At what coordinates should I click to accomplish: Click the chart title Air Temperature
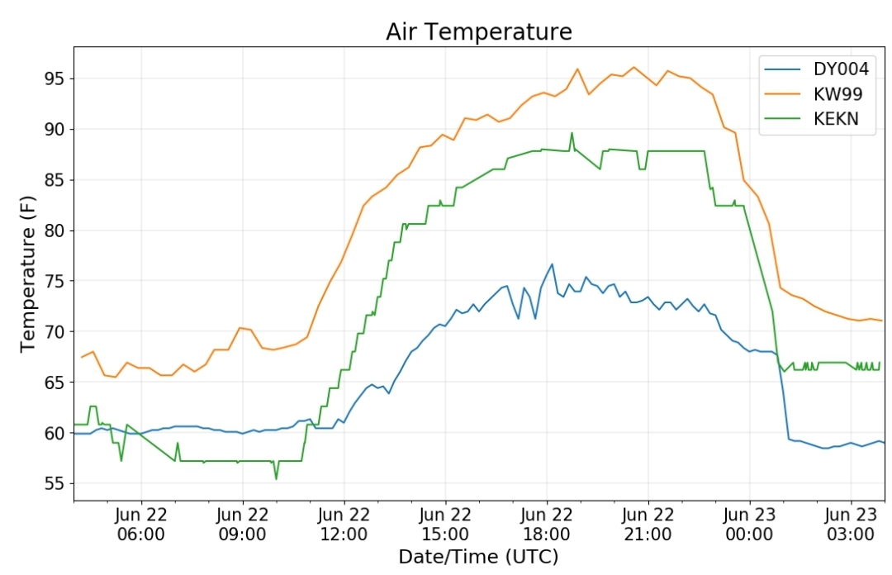click(x=479, y=31)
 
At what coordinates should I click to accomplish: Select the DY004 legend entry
click(x=816, y=69)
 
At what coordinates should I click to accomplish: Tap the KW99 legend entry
click(x=813, y=94)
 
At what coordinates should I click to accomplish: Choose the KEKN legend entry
click(x=811, y=118)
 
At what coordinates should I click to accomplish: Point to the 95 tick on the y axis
click(x=55, y=78)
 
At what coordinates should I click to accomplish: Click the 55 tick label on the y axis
click(x=55, y=483)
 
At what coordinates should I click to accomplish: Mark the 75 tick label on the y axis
click(x=55, y=281)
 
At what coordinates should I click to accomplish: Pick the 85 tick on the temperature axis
click(x=55, y=180)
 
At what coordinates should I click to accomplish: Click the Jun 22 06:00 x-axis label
click(x=141, y=525)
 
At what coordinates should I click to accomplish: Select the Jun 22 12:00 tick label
click(x=344, y=525)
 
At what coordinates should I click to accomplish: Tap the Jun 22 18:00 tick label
click(x=547, y=525)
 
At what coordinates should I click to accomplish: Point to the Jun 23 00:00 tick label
click(x=749, y=525)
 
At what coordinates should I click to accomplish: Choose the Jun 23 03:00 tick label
click(x=851, y=525)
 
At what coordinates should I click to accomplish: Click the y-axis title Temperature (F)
click(x=28, y=273)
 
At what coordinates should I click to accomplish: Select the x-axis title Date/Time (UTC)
click(x=478, y=556)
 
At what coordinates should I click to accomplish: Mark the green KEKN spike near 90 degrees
click(x=572, y=133)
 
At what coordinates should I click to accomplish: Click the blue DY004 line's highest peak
click(x=552, y=264)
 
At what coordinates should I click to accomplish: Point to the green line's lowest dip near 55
click(x=277, y=479)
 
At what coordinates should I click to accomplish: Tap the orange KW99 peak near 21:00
click(x=633, y=67)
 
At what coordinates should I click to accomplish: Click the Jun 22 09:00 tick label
click(x=242, y=525)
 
